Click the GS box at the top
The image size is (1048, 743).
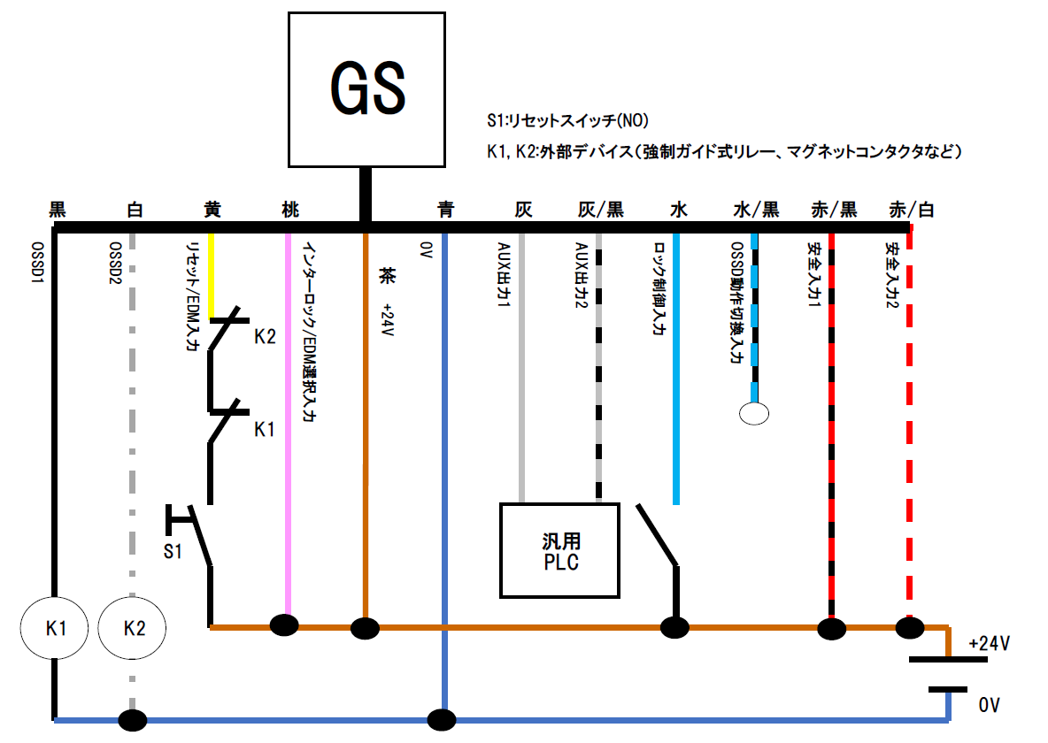pos(367,89)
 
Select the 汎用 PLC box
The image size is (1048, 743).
pos(560,550)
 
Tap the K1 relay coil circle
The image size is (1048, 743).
pos(56,628)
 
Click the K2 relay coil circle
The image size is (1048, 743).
pos(134,628)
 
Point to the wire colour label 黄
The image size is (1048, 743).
pos(212,210)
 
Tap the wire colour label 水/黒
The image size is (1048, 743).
pos(756,210)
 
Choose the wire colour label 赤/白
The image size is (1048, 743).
pos(911,210)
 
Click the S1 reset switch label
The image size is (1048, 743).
pos(173,551)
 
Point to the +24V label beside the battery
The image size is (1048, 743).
pos(990,643)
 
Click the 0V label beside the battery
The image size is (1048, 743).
pos(989,705)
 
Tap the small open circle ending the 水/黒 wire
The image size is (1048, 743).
pos(754,413)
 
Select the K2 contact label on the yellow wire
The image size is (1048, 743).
pos(266,337)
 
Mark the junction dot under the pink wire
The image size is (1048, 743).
pos(284,626)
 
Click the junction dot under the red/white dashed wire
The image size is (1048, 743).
pos(910,627)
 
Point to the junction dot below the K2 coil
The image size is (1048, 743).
pos(133,720)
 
